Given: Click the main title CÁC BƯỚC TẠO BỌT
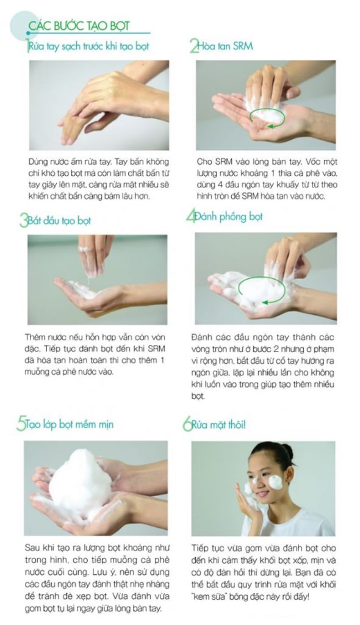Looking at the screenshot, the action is (79, 26).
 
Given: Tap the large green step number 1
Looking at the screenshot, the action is (27, 46).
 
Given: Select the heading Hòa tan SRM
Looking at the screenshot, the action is (225, 46).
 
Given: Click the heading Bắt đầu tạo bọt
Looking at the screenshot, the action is (59, 220).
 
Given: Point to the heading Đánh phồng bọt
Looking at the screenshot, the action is (228, 217).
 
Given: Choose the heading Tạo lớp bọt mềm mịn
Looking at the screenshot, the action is (69, 424).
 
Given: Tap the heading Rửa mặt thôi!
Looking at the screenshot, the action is (218, 425).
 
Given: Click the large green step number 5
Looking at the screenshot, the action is (21, 424).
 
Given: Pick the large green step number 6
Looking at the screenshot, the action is (187, 424).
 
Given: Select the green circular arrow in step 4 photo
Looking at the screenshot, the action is (262, 303).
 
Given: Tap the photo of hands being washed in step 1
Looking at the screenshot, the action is (99, 105).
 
